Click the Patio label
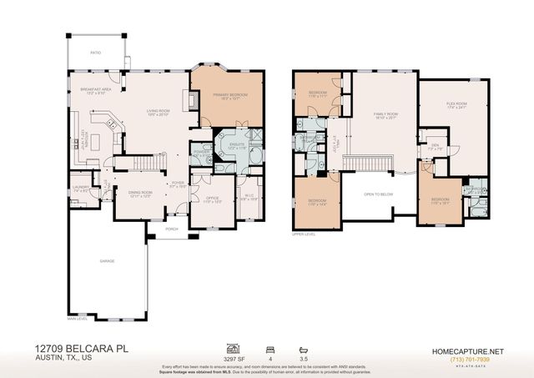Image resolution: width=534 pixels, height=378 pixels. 95,52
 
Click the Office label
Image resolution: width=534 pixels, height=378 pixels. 212,199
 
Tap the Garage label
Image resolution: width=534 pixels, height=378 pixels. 108,261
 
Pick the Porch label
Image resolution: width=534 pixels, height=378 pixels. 171,229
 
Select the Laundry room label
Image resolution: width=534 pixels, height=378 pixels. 80,189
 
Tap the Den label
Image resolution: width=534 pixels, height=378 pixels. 434,146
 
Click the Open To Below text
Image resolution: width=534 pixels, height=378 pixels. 378,194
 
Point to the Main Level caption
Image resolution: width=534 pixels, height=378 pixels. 77,318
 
